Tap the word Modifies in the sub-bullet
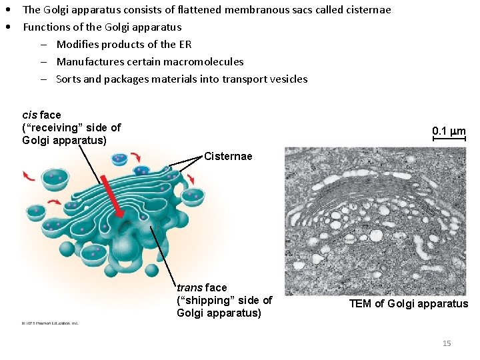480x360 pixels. pos(77,45)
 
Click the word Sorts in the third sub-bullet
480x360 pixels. pos(68,79)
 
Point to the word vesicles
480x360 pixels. pos(288,79)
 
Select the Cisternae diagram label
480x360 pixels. pos(228,157)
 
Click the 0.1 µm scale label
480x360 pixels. pos(449,131)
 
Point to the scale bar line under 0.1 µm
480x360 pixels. pos(449,138)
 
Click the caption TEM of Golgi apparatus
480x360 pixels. pos(409,304)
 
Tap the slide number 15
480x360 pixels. pos(447,343)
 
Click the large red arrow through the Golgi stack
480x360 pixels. pos(114,197)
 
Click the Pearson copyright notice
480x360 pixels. pos(49,323)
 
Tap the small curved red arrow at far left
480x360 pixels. pos(29,175)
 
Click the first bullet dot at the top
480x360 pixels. pos(8,10)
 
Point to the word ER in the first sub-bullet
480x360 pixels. pos(185,45)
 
